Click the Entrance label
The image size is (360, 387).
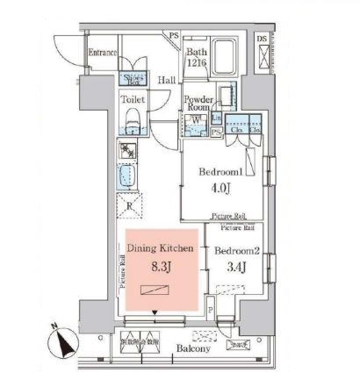pos(103,53)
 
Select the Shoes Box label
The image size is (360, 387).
pos(135,77)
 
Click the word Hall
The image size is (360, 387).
pos(167,81)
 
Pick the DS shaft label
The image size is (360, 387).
pos(261,39)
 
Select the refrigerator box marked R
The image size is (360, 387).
pos(129,207)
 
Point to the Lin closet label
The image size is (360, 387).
pos(215,117)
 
